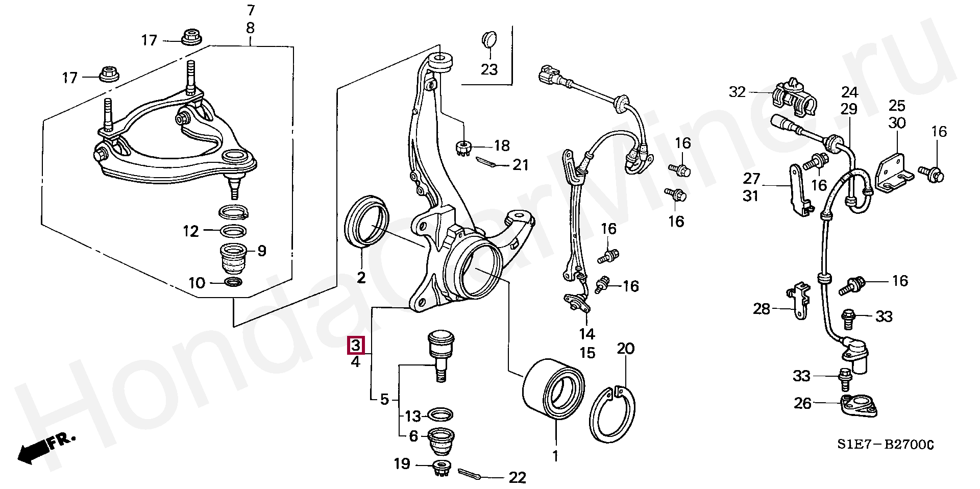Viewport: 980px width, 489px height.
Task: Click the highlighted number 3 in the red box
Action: coord(356,346)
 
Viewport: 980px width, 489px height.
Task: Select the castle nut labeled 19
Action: coord(440,468)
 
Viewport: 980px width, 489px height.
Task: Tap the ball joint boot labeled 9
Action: coord(233,259)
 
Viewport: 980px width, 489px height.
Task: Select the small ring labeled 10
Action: coord(234,282)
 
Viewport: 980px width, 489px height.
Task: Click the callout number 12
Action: coord(190,231)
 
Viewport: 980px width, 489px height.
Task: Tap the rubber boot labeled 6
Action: coord(440,442)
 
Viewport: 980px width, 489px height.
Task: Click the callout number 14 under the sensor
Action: coord(587,334)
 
